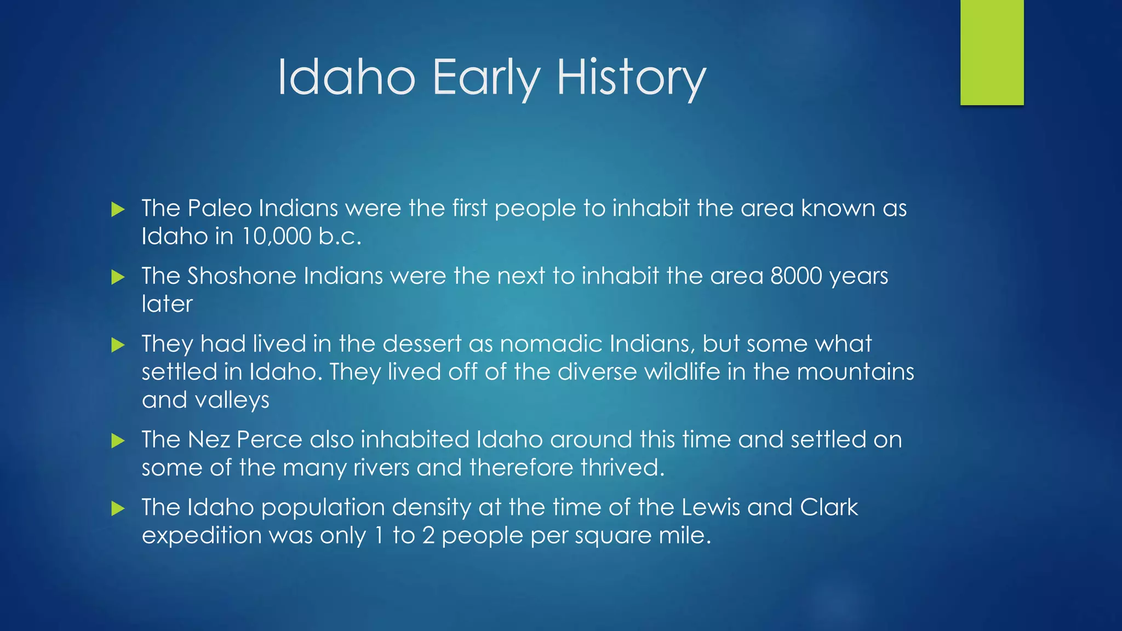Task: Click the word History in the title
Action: pyautogui.click(x=631, y=78)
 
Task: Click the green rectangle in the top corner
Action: pyautogui.click(x=992, y=52)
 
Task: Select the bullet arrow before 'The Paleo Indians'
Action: pyautogui.click(x=118, y=209)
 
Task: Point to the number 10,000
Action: pyautogui.click(x=276, y=237)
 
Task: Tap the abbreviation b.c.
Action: pyautogui.click(x=340, y=237)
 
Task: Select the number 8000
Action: pyautogui.click(x=796, y=276)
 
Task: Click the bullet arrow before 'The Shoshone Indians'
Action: pyautogui.click(x=118, y=277)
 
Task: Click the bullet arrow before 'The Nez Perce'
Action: pyautogui.click(x=118, y=441)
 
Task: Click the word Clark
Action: pyautogui.click(x=828, y=507)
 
